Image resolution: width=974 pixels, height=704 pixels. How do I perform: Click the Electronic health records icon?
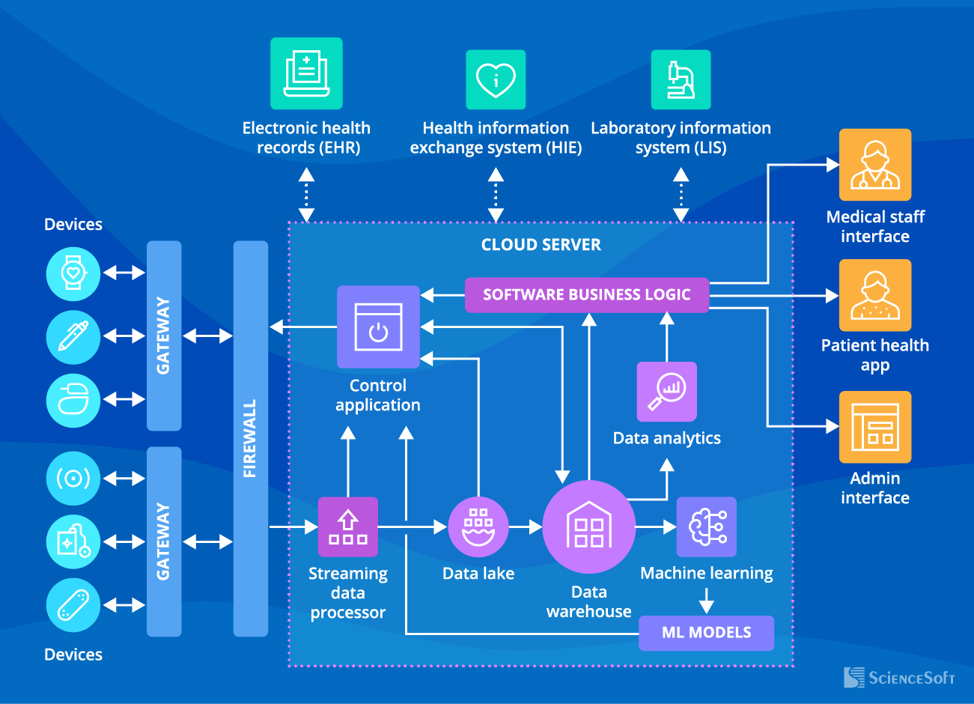click(x=306, y=73)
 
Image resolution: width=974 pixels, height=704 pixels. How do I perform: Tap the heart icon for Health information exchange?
click(x=496, y=79)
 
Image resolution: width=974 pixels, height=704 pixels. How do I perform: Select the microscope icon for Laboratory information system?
click(x=681, y=79)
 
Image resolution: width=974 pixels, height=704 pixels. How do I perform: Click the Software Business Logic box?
click(x=586, y=294)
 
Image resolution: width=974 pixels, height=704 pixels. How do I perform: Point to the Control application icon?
click(x=378, y=327)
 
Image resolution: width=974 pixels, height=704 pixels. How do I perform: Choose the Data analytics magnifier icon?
click(x=666, y=392)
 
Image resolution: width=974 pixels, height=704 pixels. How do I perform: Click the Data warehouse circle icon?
click(x=589, y=527)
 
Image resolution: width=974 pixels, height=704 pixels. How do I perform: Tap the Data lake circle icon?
click(x=478, y=527)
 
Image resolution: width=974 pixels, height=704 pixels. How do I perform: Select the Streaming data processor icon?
click(x=348, y=527)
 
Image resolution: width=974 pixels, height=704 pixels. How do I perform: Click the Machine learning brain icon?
click(x=707, y=527)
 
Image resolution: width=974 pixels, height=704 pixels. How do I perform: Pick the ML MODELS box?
click(x=706, y=632)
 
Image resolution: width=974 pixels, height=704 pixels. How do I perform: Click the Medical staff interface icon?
click(x=874, y=165)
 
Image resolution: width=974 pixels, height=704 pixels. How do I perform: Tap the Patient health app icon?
click(x=874, y=295)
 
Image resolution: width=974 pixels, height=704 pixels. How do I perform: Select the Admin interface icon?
click(x=874, y=427)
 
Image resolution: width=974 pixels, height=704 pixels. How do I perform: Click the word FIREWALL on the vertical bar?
click(x=250, y=438)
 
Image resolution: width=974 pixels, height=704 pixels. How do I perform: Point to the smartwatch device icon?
click(x=73, y=273)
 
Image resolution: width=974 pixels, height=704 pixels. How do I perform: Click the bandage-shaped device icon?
click(x=73, y=604)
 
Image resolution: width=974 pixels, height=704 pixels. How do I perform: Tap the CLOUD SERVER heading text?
click(x=541, y=245)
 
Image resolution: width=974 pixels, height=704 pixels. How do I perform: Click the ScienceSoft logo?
click(x=899, y=677)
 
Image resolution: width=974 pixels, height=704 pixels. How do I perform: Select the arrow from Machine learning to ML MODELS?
click(x=706, y=601)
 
